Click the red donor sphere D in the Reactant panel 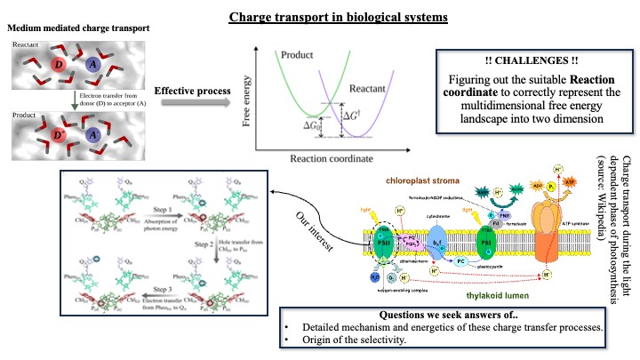(60, 68)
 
